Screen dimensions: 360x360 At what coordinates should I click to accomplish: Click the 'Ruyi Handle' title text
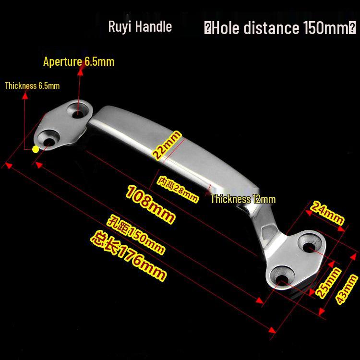[x=140, y=27]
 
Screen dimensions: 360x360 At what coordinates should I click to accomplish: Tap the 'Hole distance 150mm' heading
[x=280, y=28]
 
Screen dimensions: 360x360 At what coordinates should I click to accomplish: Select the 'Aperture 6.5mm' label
[x=79, y=61]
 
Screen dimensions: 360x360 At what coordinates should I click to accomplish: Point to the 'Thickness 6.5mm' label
[x=32, y=85]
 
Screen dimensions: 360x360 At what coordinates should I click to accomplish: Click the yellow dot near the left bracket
[x=36, y=149]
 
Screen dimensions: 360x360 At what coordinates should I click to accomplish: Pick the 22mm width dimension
[x=167, y=145]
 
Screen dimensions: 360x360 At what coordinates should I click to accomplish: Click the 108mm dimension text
[x=150, y=204]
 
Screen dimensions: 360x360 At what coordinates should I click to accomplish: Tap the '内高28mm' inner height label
[x=178, y=190]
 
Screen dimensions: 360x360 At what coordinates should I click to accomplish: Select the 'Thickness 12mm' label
[x=243, y=199]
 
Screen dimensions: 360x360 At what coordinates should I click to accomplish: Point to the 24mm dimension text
[x=327, y=213]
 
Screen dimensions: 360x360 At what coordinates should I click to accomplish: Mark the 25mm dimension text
[x=328, y=282]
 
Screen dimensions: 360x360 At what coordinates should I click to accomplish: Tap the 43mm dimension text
[x=347, y=289]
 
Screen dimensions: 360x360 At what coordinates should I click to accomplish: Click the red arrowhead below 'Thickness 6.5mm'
[x=25, y=96]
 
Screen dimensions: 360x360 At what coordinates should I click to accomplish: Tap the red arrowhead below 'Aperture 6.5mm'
[x=80, y=72]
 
